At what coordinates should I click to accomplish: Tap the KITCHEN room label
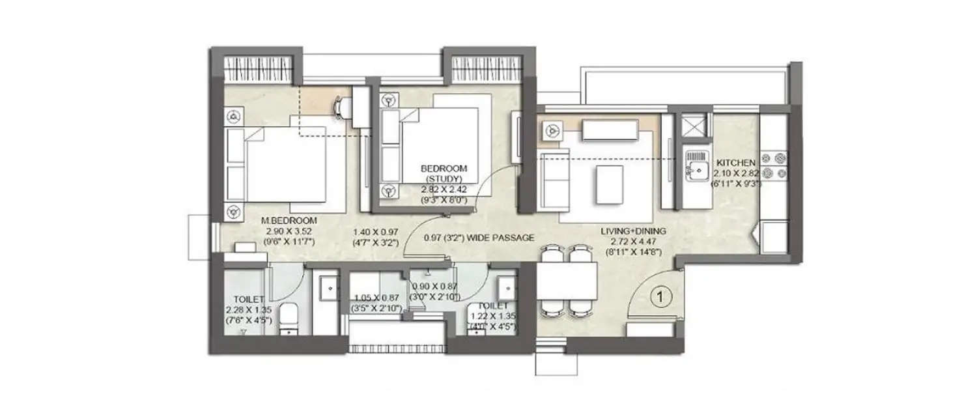click(x=736, y=162)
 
